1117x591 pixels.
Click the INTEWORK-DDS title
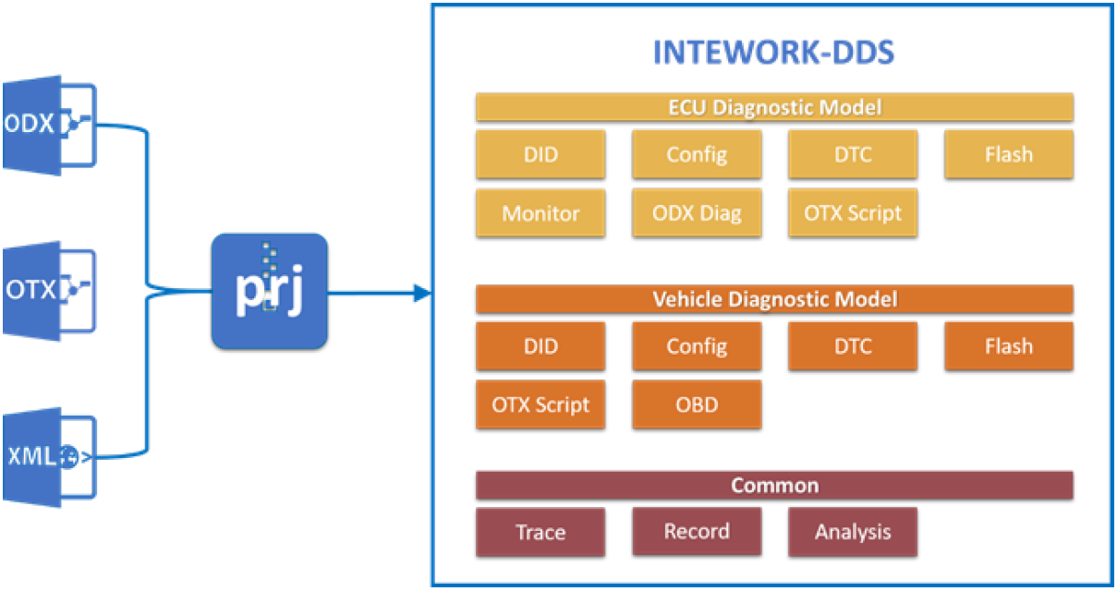(773, 53)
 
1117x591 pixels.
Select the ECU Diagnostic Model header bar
(774, 107)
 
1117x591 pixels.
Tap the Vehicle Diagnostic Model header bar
(774, 299)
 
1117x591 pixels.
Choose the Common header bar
(774, 486)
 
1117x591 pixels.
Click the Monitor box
(540, 213)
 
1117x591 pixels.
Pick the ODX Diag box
(697, 212)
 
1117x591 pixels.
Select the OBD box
(697, 404)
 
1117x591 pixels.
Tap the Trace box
(540, 532)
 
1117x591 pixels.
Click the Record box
(697, 531)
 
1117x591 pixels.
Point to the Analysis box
(853, 532)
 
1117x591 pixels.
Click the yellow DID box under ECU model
(540, 154)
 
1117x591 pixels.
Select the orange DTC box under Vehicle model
(853, 346)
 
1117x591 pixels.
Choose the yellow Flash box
(1009, 154)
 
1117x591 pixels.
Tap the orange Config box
(697, 346)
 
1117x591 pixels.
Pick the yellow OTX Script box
(853, 212)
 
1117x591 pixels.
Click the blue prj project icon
(269, 292)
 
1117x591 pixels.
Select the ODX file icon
(49, 126)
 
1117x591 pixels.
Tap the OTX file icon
(49, 292)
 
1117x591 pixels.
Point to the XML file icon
(49, 457)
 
